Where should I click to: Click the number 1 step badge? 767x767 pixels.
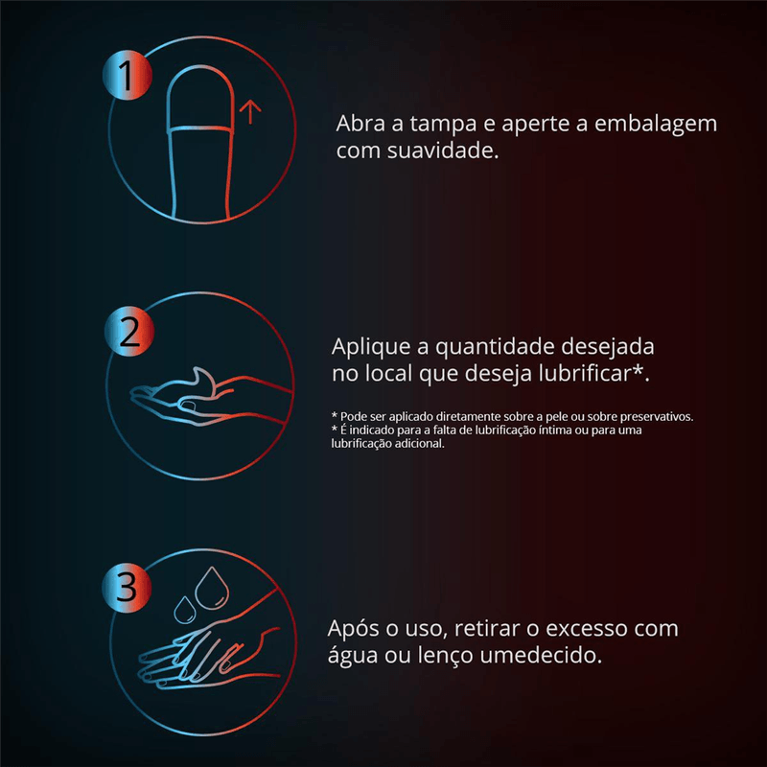point(128,76)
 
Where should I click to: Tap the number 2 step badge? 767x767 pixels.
point(129,331)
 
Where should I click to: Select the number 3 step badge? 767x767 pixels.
point(127,587)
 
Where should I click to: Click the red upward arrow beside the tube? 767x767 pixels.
point(250,112)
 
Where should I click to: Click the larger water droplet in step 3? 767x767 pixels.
point(212,588)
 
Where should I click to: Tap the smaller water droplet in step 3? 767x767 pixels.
point(185,610)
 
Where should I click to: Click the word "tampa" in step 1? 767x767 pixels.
point(443,125)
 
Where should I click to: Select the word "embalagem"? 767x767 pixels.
point(656,124)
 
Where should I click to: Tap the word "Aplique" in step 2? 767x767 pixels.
point(371,347)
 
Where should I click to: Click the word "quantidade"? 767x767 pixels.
point(494,347)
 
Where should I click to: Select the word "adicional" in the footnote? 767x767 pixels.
point(421,444)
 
